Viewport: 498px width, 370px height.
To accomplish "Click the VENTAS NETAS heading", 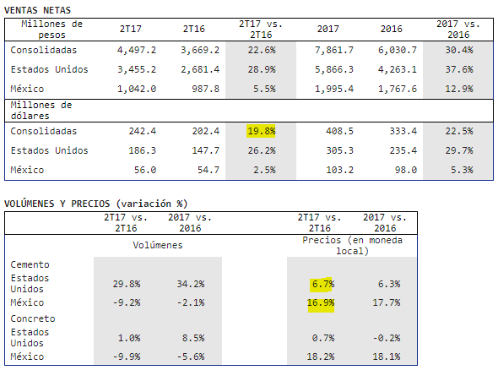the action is (37, 10).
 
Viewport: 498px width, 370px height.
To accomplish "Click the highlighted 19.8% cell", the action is (261, 131).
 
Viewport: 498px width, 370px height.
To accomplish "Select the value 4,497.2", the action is (137, 50).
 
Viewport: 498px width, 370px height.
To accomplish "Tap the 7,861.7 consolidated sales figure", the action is (334, 50).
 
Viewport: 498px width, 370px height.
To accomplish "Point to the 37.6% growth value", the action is (459, 69).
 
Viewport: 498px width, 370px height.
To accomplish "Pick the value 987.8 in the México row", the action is (205, 89).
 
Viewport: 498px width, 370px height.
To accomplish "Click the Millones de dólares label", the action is (41, 111).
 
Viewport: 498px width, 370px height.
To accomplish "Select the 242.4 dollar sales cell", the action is (143, 131).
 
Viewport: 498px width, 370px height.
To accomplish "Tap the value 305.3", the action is (340, 150).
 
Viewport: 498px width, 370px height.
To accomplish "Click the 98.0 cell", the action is (406, 170).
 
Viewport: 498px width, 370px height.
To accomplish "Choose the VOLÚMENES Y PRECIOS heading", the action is (96, 204).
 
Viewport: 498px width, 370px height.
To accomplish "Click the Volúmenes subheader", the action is (158, 245).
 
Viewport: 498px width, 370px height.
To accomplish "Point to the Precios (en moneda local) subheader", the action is (352, 245).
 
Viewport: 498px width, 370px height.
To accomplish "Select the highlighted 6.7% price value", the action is (322, 284).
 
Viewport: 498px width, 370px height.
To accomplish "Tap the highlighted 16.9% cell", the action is (321, 302).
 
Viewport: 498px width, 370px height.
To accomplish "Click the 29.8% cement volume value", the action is (127, 284).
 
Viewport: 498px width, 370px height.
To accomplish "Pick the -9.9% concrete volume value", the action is (127, 356).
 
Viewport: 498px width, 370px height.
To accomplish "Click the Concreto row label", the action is (33, 318).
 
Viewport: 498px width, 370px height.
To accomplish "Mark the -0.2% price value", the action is (387, 338).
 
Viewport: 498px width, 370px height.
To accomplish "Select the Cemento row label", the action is (30, 264).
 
